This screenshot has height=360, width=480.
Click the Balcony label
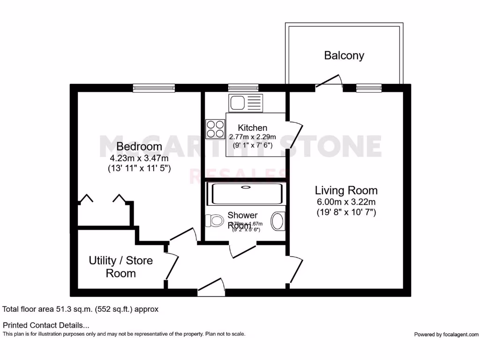[x=344, y=55]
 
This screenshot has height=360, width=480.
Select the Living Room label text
[x=346, y=190]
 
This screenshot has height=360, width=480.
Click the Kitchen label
[x=253, y=127]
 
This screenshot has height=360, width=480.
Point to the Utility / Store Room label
[x=121, y=267]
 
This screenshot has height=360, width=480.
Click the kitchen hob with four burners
[x=215, y=129]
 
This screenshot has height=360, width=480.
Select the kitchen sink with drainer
[x=246, y=103]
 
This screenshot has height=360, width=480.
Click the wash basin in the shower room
[x=278, y=221]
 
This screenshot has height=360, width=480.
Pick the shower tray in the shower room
[x=246, y=194]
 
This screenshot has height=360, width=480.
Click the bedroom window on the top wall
[x=154, y=87]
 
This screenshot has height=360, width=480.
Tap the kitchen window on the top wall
[x=243, y=87]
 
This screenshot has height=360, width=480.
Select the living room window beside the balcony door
[x=369, y=87]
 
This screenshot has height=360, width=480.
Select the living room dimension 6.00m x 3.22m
[x=346, y=202]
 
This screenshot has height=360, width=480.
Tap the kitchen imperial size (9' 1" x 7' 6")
[x=253, y=145]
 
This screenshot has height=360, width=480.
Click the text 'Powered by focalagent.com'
[x=446, y=334]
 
